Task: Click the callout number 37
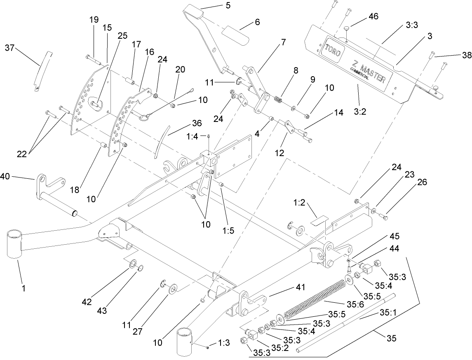pyautogui.click(x=9, y=48)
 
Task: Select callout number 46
pyautogui.click(x=373, y=16)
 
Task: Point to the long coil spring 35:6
pyautogui.click(x=317, y=298)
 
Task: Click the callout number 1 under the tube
pyautogui.click(x=23, y=289)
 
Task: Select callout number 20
pyautogui.click(x=181, y=82)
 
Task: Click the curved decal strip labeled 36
pyautogui.click(x=159, y=142)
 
